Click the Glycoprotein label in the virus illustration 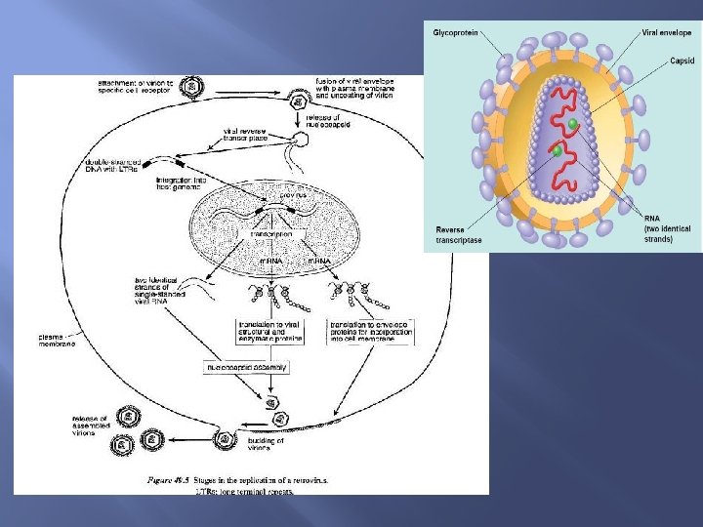point(458,33)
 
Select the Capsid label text point(682,61)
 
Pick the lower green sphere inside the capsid point(557,151)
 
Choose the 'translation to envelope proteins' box point(371,331)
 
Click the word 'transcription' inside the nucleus point(271,234)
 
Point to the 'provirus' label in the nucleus point(293,196)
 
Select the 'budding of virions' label point(265,445)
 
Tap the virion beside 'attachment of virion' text point(194,88)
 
